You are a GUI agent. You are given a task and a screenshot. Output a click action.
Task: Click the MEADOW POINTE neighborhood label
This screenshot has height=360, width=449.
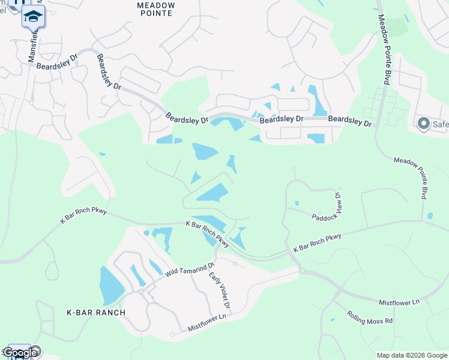tap(156, 10)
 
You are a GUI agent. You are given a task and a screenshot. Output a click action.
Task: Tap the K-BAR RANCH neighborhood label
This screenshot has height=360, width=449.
tap(96, 313)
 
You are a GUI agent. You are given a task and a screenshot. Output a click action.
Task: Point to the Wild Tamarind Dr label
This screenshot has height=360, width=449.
tap(190, 269)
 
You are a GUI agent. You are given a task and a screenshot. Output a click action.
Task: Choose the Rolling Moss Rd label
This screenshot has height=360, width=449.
tap(370, 317)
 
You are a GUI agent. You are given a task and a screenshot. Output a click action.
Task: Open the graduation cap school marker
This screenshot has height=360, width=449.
tap(33, 17)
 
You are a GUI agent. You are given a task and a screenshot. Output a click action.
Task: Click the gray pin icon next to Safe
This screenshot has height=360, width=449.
tap(424, 124)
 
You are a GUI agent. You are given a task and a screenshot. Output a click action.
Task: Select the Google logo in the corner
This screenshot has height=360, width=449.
tap(20, 353)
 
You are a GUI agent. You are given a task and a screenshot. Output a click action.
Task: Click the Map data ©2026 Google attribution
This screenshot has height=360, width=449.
tap(412, 355)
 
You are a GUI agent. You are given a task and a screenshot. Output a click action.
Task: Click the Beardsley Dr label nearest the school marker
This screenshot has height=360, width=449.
tap(57, 62)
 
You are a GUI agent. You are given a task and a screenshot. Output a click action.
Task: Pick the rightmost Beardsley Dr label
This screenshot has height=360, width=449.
tap(350, 121)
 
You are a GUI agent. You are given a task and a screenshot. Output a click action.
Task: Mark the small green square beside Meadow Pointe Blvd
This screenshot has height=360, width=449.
tap(396, 26)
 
